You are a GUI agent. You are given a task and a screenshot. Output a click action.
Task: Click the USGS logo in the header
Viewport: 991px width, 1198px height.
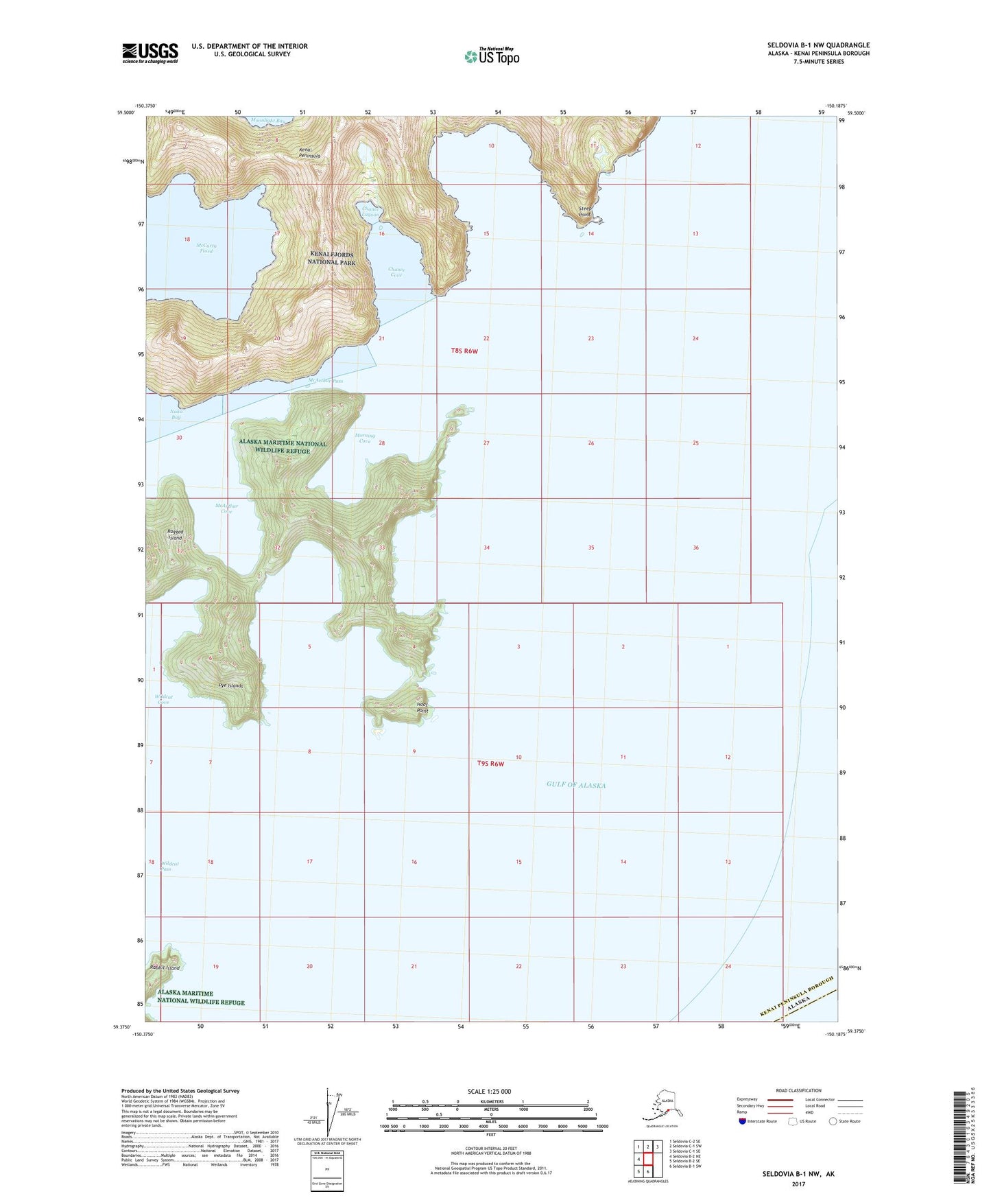[150, 53]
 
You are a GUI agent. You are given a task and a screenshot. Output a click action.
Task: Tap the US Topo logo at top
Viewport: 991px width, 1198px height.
[491, 56]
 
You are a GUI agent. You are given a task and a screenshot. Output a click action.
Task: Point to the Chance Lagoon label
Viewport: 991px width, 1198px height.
[371, 211]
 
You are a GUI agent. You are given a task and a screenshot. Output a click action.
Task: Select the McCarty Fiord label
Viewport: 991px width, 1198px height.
[204, 248]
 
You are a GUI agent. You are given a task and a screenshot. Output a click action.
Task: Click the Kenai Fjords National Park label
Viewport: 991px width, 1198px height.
[332, 258]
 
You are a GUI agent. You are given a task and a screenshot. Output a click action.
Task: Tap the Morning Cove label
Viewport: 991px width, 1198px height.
[363, 438]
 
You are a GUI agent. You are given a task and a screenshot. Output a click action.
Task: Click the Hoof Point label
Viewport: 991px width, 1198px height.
[422, 707]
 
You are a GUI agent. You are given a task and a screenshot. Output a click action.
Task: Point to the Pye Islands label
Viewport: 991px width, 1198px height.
[230, 685]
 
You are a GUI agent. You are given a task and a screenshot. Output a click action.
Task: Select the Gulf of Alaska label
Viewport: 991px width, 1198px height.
[576, 785]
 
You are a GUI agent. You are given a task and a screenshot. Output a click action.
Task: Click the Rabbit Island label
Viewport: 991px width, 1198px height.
[165, 967]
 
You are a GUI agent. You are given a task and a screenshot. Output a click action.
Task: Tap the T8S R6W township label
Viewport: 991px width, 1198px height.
[464, 351]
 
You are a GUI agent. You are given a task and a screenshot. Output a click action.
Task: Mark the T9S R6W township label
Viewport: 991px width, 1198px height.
[491, 764]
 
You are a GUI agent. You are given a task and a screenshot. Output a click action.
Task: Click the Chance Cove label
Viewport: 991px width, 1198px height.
[396, 272]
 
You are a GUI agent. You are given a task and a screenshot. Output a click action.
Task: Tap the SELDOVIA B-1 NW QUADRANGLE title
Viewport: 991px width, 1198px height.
[818, 45]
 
